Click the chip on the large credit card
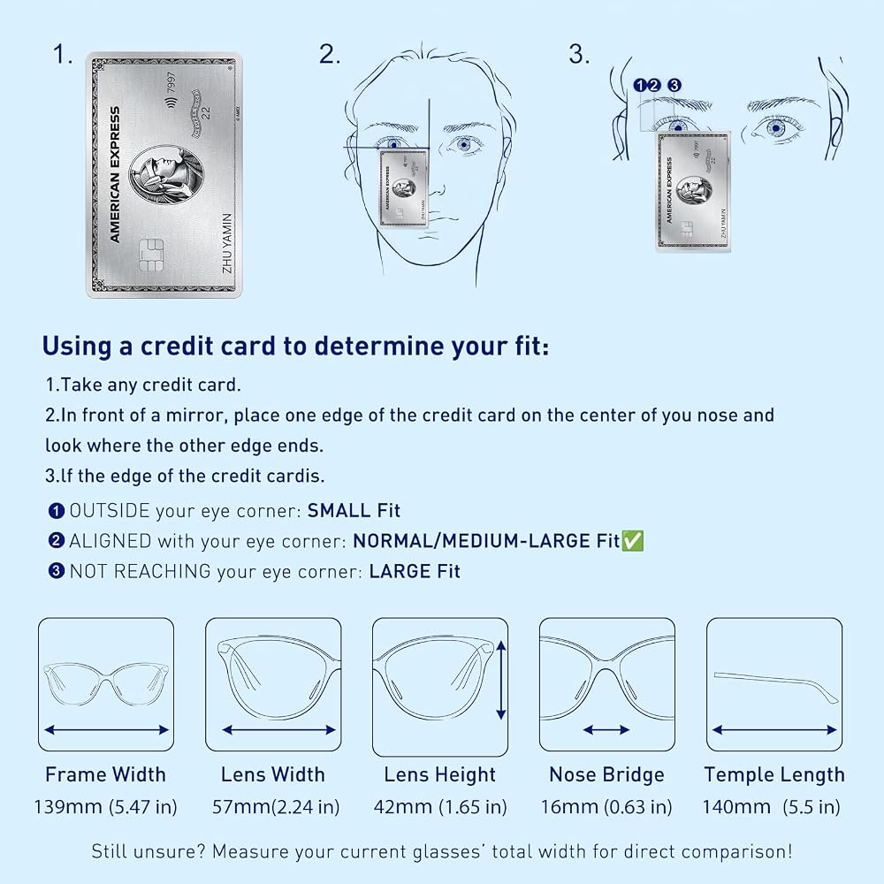click(x=151, y=255)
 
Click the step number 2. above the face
click(x=330, y=54)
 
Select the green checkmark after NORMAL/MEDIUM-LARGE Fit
click(x=632, y=541)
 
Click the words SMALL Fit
click(x=354, y=510)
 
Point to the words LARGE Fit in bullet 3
click(x=415, y=571)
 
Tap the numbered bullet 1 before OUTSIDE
click(x=57, y=511)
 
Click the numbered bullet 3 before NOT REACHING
click(x=57, y=571)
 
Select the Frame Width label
click(x=105, y=774)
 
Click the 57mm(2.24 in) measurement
click(x=276, y=807)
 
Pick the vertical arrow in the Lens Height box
click(x=500, y=680)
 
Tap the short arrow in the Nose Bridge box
click(x=606, y=730)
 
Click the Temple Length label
click(x=774, y=774)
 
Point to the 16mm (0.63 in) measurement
click(x=606, y=807)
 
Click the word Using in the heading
click(x=77, y=347)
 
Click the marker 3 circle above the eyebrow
click(x=674, y=85)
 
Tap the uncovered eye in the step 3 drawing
click(x=776, y=128)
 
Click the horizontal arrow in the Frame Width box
click(x=107, y=730)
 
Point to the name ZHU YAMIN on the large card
click(x=227, y=243)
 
